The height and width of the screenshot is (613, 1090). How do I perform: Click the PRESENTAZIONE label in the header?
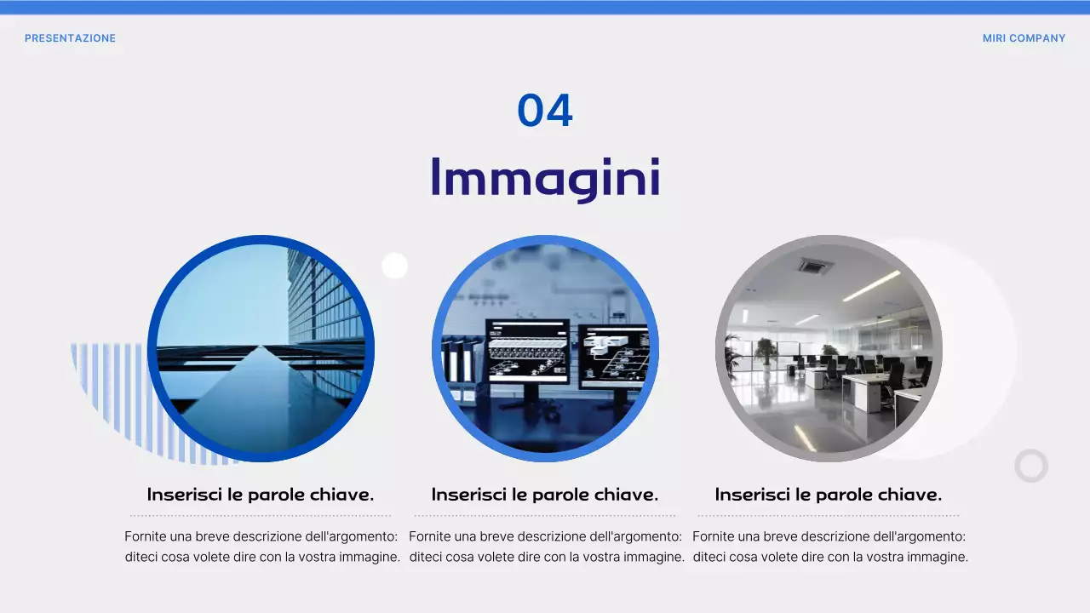click(70, 38)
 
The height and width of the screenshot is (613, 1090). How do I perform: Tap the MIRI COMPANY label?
click(1024, 38)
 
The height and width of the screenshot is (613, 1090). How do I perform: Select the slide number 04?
click(545, 112)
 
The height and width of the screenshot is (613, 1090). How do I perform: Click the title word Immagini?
click(545, 178)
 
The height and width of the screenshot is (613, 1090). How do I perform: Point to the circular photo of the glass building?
click(261, 348)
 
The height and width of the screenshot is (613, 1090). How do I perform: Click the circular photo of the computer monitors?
click(545, 348)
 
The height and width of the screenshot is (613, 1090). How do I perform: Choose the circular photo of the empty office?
click(829, 348)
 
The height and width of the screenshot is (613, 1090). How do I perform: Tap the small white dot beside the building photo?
click(394, 266)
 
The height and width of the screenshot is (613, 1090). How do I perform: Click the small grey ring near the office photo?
click(1031, 466)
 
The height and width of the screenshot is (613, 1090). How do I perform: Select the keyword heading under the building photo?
click(261, 495)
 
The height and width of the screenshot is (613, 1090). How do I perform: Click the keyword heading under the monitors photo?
click(545, 495)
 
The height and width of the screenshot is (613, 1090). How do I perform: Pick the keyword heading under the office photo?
click(829, 495)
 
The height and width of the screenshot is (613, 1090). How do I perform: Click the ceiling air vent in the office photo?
click(815, 266)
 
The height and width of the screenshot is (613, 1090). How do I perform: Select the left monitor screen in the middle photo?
click(527, 350)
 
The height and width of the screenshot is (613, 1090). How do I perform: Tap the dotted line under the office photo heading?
click(829, 515)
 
